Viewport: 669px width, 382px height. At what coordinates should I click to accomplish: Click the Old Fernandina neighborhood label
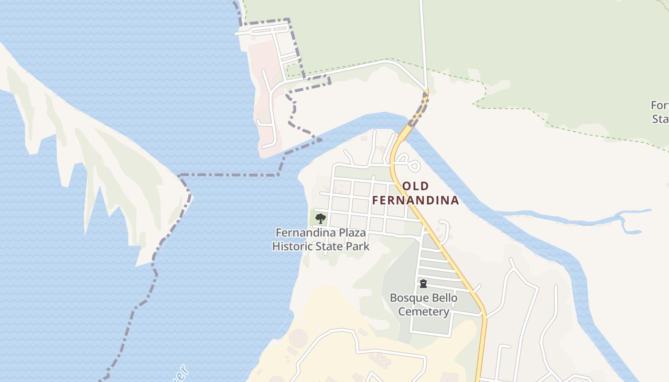coord(415,193)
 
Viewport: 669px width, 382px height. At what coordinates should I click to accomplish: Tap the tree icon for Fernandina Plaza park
coord(321,219)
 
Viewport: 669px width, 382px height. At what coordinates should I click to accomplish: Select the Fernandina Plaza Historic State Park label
coord(321,240)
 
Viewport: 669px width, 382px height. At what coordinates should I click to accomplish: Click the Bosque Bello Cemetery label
coord(423,305)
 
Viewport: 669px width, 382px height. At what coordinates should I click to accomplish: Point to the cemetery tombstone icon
coord(423,284)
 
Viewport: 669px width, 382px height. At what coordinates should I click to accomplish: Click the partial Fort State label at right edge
coord(660,112)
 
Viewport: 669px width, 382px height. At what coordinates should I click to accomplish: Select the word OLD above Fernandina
coord(415,186)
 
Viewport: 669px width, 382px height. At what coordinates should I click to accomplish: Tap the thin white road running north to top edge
coord(422,38)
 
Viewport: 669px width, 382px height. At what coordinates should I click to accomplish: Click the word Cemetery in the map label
coord(423,312)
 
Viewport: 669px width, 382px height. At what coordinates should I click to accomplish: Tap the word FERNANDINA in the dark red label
coord(415,200)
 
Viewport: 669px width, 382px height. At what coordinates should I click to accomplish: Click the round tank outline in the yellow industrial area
coord(299,338)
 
